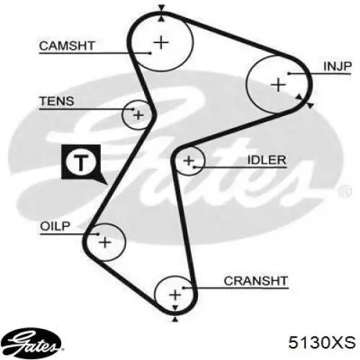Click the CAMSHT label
pos(67,45)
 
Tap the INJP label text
pos(338,66)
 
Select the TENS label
pos(57,101)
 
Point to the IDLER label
pos(266,160)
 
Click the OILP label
pos(55,226)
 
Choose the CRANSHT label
pos(256,281)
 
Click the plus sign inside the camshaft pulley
pos(161,42)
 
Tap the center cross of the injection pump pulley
pos(278,85)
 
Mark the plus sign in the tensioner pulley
pos(138,115)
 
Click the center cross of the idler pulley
pos(189,161)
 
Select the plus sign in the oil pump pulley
pos(105,242)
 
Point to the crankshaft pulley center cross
pos(175,294)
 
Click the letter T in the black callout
pos(81,163)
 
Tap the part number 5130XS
pos(322,343)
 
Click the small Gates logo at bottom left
pos(31,343)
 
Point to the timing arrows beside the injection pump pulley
pos(305,102)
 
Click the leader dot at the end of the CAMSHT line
pos(150,53)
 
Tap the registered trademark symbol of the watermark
pos(345,192)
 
